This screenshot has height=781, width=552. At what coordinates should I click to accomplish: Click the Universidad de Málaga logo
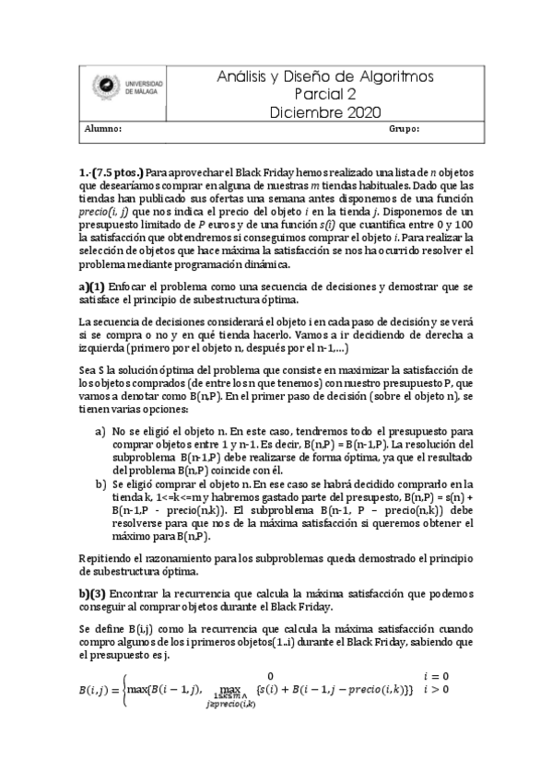(127, 89)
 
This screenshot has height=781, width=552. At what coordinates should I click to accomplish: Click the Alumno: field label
(103, 130)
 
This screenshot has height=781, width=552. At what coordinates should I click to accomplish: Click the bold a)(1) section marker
(92, 287)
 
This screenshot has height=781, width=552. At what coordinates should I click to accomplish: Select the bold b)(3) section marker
(93, 595)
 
